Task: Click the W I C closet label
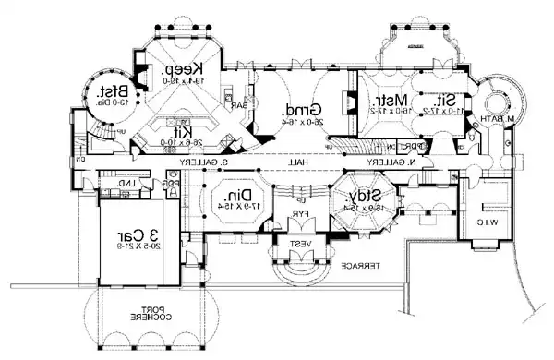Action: pos(491,222)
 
